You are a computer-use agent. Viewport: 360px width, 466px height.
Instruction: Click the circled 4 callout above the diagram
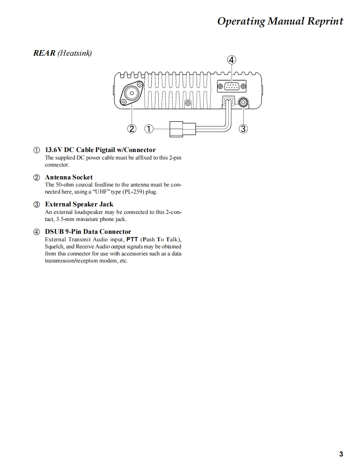(x=232, y=60)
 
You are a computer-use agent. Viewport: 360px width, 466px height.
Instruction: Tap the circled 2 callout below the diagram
(x=132, y=129)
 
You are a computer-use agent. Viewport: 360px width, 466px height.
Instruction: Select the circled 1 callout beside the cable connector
(x=148, y=129)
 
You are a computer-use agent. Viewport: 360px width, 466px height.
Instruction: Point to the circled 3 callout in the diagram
(x=244, y=129)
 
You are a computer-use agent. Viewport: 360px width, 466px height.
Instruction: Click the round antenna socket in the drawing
(x=132, y=93)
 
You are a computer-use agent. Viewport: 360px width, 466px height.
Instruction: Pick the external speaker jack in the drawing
(x=243, y=101)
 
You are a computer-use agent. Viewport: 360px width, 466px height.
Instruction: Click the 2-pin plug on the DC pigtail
(x=176, y=129)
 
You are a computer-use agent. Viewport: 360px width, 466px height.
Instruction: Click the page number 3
(x=341, y=454)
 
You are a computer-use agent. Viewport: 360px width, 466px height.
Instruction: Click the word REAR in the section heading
(x=44, y=53)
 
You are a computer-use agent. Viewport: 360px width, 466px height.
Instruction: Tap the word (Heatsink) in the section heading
(x=75, y=53)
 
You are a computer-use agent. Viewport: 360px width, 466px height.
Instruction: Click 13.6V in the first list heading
(x=54, y=150)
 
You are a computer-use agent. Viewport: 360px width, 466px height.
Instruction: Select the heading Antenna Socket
(x=69, y=177)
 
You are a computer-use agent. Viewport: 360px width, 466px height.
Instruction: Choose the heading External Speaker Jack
(x=79, y=204)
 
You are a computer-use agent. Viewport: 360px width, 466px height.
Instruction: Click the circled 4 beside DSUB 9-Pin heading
(x=37, y=232)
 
